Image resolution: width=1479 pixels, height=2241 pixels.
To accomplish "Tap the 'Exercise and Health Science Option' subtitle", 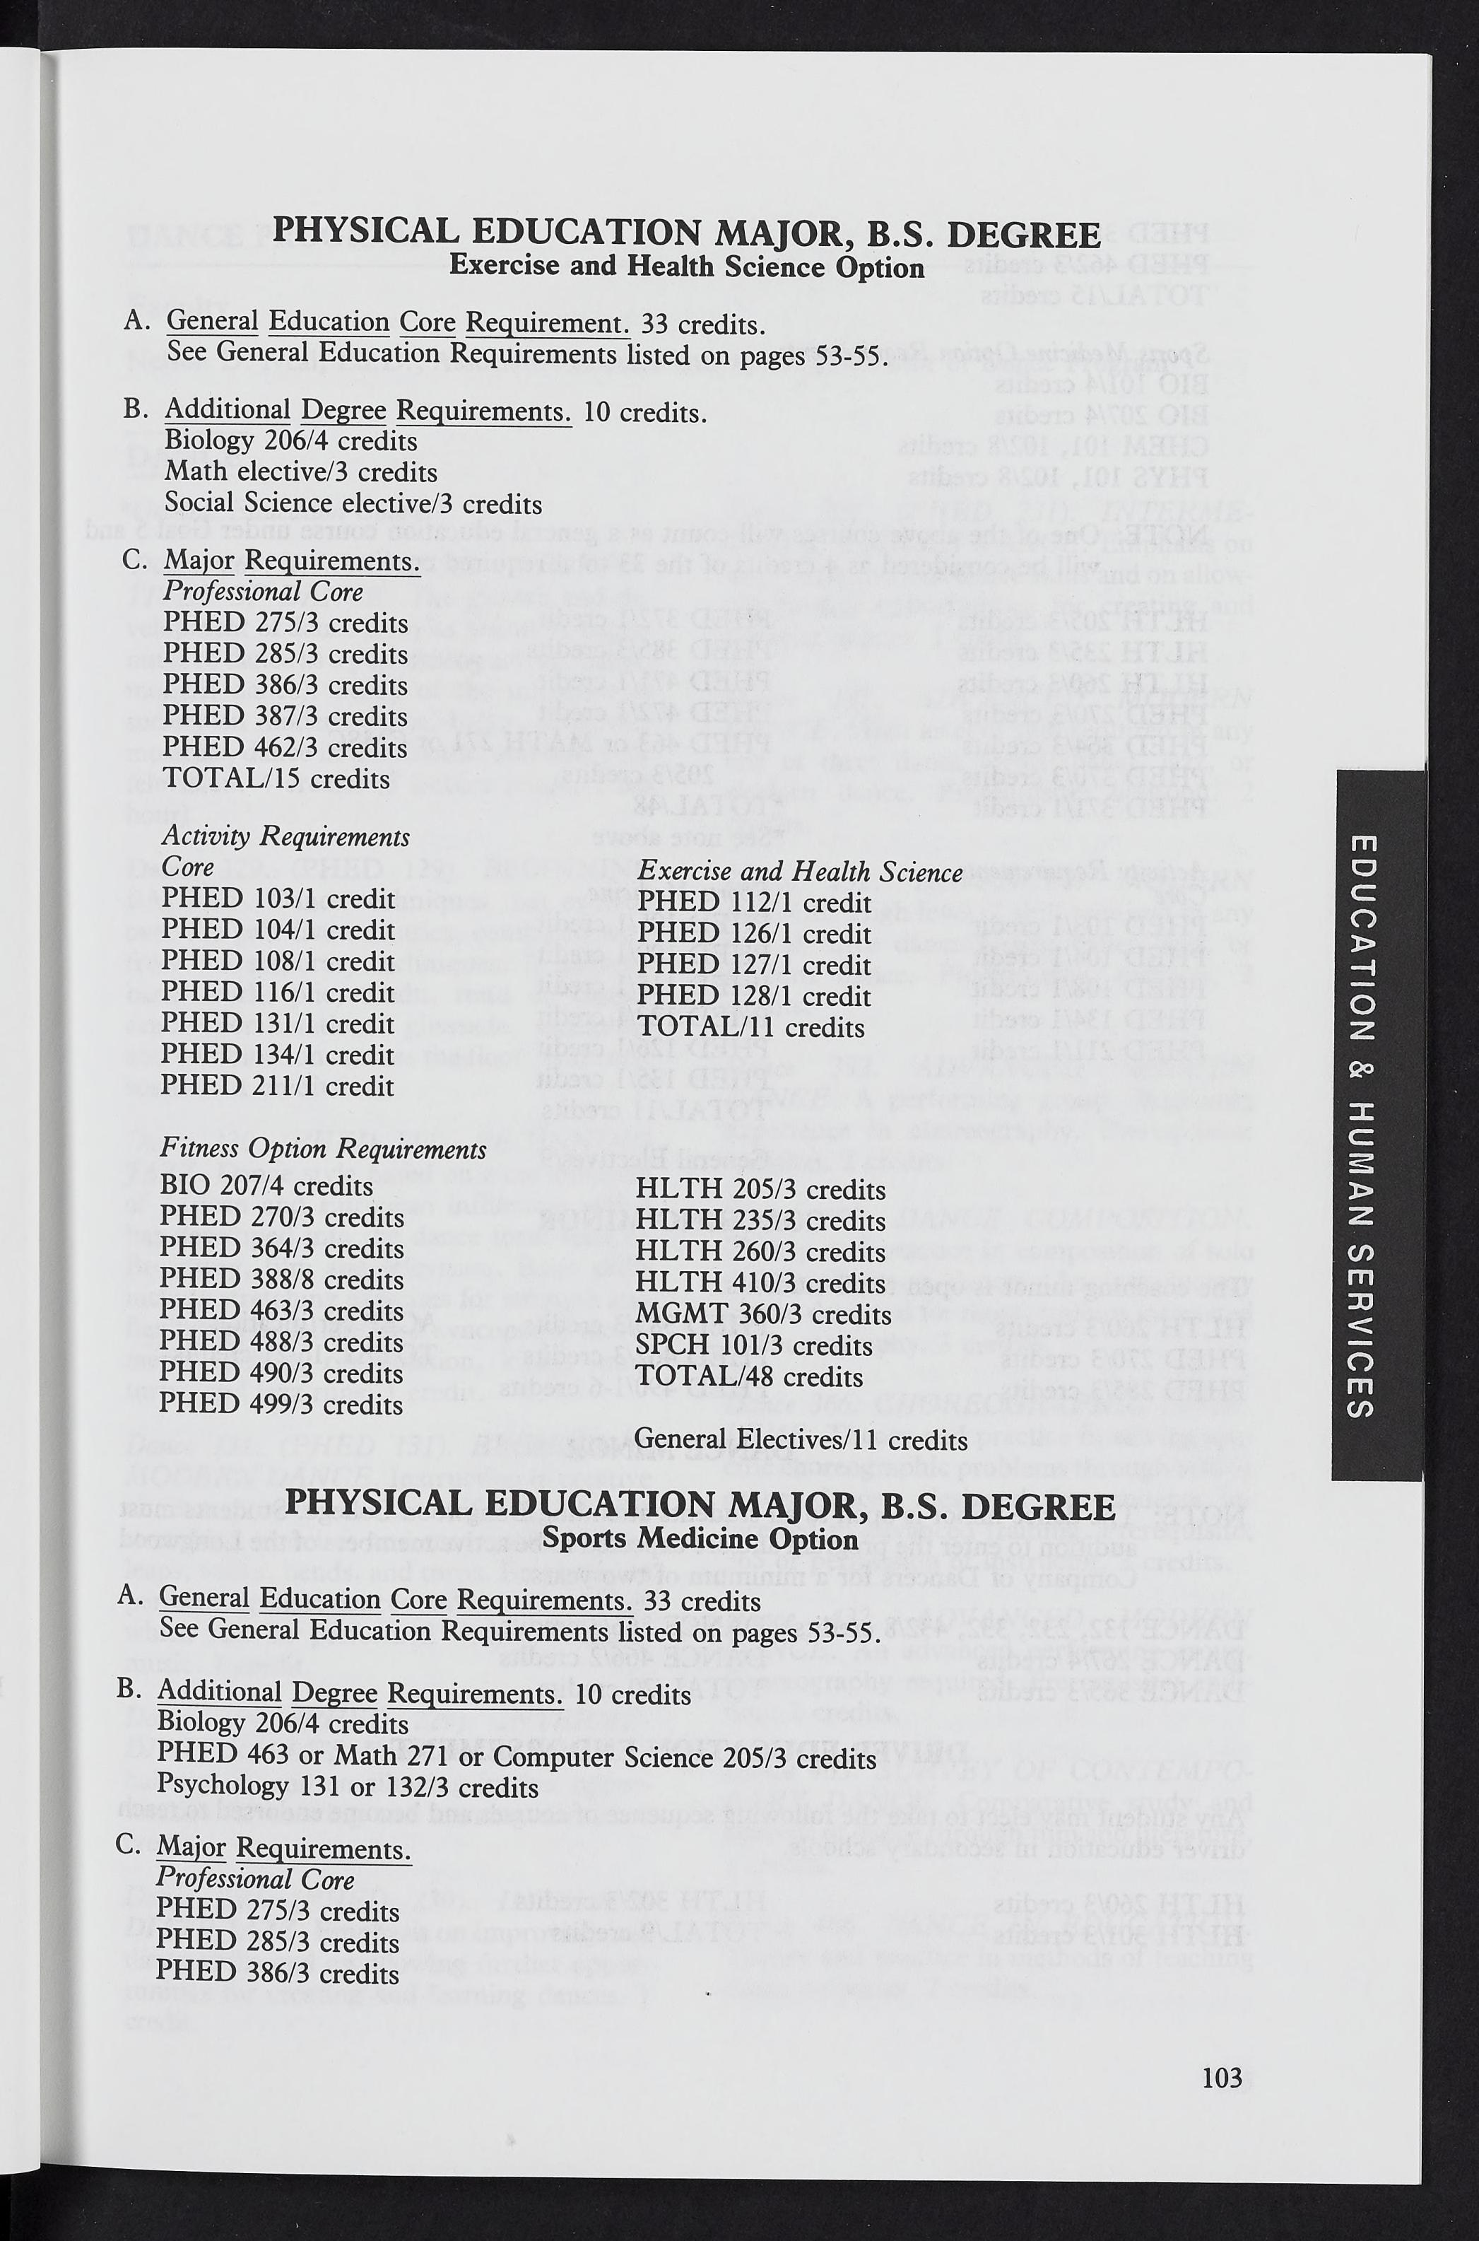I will coord(687,267).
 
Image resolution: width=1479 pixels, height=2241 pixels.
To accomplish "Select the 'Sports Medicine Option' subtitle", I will coord(701,1538).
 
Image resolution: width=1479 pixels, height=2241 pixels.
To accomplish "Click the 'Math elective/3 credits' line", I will coord(300,472).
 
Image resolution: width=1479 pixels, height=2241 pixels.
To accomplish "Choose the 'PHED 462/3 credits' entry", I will coord(285,747).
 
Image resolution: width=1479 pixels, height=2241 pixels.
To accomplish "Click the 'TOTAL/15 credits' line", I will coord(276,778).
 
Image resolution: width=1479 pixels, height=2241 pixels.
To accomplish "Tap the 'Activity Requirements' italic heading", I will coord(285,836).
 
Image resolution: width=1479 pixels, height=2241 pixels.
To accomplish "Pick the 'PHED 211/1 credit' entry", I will coord(276,1085).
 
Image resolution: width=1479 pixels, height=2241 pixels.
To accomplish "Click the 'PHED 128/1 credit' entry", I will coord(754,995).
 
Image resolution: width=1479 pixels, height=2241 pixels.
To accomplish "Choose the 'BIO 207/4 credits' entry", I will coord(266,1185).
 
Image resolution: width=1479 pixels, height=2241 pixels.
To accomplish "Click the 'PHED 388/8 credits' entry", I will coord(281,1279).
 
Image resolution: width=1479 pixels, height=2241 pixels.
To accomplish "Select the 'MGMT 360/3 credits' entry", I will coord(763,1313).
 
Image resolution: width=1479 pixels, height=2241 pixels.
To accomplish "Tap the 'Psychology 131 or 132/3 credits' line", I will coord(346,1787).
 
